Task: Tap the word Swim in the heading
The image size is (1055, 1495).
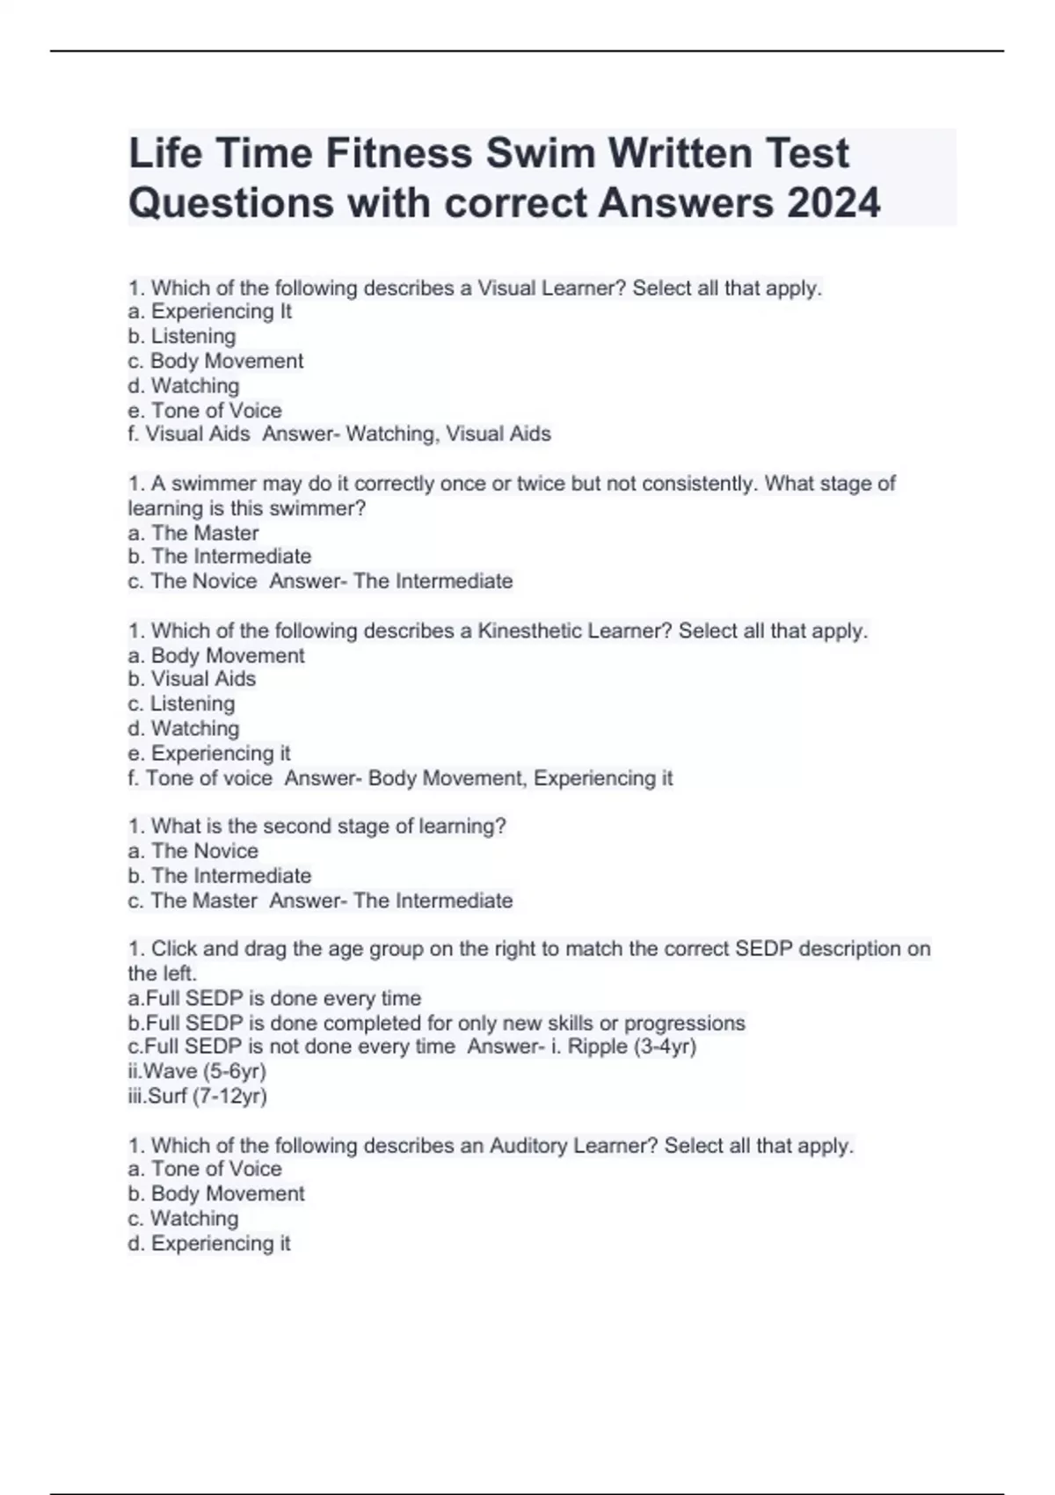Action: pyautogui.click(x=541, y=154)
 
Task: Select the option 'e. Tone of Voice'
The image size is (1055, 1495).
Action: pyautogui.click(x=205, y=411)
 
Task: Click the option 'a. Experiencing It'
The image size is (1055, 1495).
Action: pyautogui.click(x=209, y=311)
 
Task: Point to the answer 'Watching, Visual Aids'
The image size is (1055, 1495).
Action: pyautogui.click(x=448, y=434)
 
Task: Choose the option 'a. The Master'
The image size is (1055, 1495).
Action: pyautogui.click(x=193, y=533)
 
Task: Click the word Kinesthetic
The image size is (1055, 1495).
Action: pyautogui.click(x=529, y=631)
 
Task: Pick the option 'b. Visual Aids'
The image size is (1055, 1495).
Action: pyautogui.click(x=192, y=679)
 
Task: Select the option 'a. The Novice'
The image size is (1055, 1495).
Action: pyautogui.click(x=193, y=851)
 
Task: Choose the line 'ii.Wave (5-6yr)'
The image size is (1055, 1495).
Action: pyautogui.click(x=197, y=1071)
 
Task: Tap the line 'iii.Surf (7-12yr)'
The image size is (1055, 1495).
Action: pyautogui.click(x=197, y=1096)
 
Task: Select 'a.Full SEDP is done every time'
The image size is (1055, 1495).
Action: pyautogui.click(x=274, y=998)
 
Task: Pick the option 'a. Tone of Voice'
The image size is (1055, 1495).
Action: pyautogui.click(x=205, y=1169)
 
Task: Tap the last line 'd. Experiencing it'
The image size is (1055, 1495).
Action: pyautogui.click(x=209, y=1243)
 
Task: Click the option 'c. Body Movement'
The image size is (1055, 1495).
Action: pyautogui.click(x=215, y=361)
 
